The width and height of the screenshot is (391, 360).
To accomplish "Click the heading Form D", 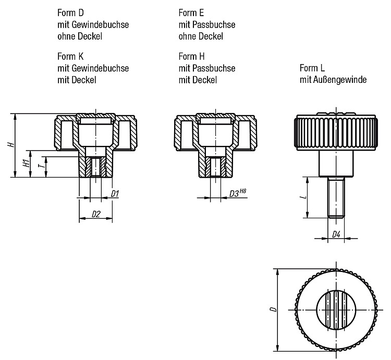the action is [70, 13].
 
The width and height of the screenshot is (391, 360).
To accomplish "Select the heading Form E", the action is [191, 13].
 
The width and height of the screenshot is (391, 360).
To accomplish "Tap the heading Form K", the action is [70, 56].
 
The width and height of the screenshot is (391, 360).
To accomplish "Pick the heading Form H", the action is [191, 56].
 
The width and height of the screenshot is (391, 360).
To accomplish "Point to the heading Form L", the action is [312, 68].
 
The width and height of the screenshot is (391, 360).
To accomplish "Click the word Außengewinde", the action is [340, 80].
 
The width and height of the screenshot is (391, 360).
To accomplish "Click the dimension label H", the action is [11, 144].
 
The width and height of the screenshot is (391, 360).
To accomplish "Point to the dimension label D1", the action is [115, 194].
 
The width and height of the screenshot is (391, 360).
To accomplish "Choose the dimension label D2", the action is [96, 214].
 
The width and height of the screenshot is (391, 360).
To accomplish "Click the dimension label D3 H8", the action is [238, 193].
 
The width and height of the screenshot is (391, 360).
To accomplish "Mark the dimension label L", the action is [304, 197].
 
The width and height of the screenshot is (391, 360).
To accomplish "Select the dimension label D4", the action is [336, 234].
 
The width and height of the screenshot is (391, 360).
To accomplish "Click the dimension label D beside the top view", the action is [274, 309].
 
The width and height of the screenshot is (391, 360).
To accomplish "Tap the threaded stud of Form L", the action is [336, 197].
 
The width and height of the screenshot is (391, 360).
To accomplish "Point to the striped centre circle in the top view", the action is [336, 310].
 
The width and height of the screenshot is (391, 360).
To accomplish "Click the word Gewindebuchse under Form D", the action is [100, 24].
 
